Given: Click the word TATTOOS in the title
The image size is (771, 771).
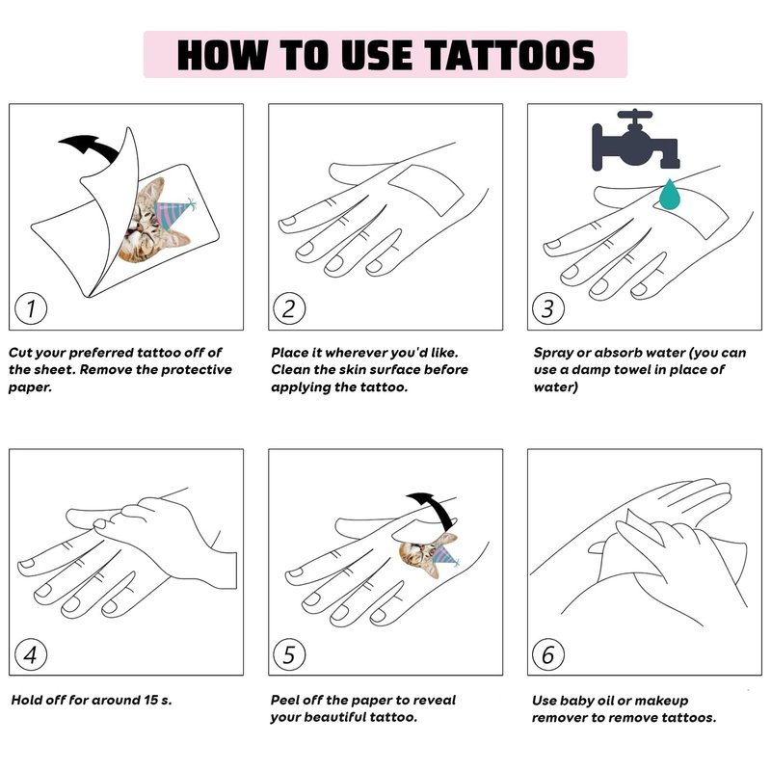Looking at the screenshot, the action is point(510,55).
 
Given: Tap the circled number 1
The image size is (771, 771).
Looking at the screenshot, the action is point(31,308).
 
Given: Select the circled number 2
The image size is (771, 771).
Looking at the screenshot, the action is point(289,308).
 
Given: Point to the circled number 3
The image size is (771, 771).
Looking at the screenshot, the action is point(548,308).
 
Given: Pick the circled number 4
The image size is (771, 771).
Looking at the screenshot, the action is point(31,654).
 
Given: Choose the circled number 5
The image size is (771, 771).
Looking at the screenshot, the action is point(289,654).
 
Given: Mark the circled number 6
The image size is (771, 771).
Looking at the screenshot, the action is point(548,654).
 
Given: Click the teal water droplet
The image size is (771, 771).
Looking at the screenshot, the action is point(669,195).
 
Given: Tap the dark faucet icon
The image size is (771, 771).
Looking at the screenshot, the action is point(636,140).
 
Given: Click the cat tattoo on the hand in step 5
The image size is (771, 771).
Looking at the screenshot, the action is point(429,556).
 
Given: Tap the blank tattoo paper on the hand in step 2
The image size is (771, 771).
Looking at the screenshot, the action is point(426,189).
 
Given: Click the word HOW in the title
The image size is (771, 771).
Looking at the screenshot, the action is point(223,55).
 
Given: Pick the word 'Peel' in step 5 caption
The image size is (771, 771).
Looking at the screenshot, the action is point(284,700).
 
